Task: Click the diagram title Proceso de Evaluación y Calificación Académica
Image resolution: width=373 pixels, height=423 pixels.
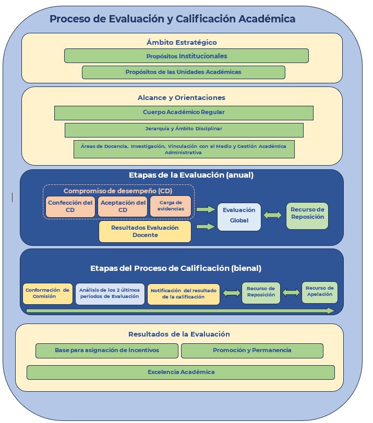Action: [x=172, y=19]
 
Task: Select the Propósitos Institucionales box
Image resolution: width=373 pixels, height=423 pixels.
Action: [x=186, y=56]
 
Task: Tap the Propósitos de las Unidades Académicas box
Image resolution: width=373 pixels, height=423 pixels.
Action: [x=183, y=72]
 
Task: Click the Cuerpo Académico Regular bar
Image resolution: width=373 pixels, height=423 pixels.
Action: [x=184, y=113]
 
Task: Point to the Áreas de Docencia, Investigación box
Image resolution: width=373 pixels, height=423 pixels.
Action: [x=184, y=149]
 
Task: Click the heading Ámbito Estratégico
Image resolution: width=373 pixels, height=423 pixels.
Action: [x=182, y=42]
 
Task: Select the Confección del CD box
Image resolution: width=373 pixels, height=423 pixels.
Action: [x=70, y=206]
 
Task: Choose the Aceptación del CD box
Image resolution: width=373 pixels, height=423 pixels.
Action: [x=123, y=206]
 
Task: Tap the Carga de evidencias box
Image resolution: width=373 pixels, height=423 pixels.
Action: [x=171, y=206]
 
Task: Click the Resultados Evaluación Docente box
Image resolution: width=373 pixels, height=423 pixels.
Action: [x=145, y=232]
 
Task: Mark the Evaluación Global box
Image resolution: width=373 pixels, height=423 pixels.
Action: [x=239, y=216]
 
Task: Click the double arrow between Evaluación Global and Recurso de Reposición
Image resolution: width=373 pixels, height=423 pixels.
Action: [x=273, y=215]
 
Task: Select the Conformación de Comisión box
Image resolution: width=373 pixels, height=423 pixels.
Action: [x=47, y=293]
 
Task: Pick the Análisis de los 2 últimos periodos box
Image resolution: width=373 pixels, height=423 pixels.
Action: [x=110, y=293]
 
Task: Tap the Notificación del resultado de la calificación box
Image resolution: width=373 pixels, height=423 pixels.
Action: [x=183, y=294]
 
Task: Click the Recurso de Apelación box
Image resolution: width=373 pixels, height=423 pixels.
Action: [x=319, y=292]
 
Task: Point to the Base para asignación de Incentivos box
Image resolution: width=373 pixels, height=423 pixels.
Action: [x=106, y=351]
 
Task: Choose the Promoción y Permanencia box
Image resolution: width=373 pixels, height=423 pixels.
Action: [x=252, y=351]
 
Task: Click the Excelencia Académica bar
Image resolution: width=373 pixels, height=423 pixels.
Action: [x=181, y=372]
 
